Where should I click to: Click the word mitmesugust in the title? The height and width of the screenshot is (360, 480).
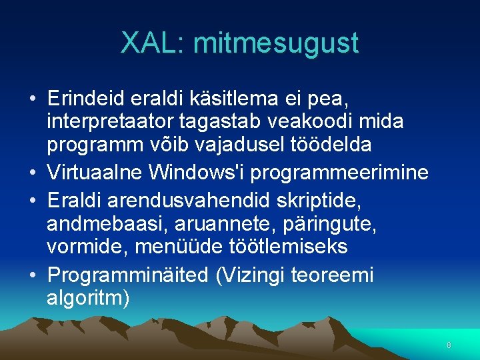click(275, 44)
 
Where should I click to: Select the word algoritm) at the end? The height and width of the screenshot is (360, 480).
click(88, 298)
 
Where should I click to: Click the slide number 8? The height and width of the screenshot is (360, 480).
click(449, 345)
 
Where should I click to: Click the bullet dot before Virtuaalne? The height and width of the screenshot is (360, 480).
click(33, 173)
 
